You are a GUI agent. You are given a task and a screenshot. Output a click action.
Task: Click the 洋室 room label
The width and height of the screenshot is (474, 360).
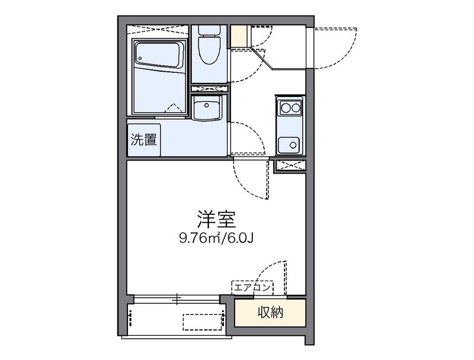click(x=216, y=220)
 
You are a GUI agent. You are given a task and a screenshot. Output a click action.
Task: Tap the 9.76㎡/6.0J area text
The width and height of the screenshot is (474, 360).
click(x=216, y=239)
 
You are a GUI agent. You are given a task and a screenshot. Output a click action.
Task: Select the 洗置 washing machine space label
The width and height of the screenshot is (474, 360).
click(x=143, y=140)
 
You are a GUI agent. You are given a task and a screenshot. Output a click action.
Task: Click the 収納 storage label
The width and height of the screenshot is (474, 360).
click(x=270, y=312)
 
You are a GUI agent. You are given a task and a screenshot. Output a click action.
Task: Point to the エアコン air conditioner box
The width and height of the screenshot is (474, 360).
click(x=252, y=288)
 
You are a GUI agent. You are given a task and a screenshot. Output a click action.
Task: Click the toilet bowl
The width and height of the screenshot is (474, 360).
click(x=209, y=50)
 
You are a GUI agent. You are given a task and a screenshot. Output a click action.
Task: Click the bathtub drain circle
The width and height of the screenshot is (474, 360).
click(x=140, y=58)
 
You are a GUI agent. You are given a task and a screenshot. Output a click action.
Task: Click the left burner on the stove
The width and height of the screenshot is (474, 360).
click(x=286, y=107)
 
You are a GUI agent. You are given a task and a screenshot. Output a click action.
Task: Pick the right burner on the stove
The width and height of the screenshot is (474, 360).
click(x=296, y=107)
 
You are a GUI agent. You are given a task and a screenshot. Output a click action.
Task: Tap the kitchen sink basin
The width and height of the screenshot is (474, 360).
click(x=289, y=145)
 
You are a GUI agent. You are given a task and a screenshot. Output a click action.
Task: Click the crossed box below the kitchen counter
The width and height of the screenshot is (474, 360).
click(x=290, y=165)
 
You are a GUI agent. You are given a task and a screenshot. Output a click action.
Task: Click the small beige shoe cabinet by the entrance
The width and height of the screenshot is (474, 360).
click(x=239, y=36)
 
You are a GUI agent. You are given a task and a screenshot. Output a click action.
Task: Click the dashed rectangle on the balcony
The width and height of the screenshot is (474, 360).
click(x=203, y=322)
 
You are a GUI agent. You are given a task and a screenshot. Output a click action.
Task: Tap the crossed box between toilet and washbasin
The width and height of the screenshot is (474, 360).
click(x=209, y=88)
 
